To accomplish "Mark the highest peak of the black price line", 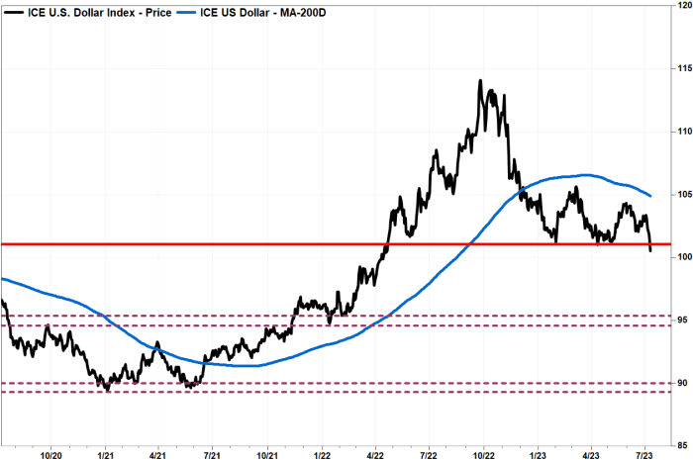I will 480,81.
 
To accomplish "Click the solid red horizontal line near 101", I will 297,243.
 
